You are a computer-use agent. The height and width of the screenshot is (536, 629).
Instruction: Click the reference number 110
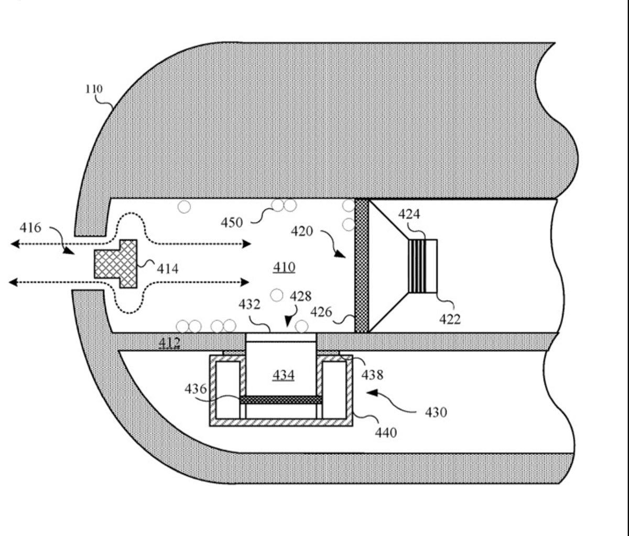pyautogui.click(x=94, y=89)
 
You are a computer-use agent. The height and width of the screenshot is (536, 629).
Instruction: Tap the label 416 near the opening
pyautogui.click(x=30, y=228)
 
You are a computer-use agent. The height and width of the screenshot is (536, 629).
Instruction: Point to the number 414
pyautogui.click(x=168, y=269)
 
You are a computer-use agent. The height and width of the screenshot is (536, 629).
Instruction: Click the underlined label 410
pyautogui.click(x=284, y=267)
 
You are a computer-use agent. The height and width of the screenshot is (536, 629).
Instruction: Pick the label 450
pyautogui.click(x=232, y=223)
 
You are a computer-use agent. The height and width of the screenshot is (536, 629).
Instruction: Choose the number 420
pyautogui.click(x=302, y=231)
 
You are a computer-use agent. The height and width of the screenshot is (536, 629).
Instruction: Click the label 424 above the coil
pyautogui.click(x=409, y=214)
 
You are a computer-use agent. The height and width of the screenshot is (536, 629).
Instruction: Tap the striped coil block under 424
pyautogui.click(x=417, y=266)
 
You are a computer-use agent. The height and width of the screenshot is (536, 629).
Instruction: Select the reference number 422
pyautogui.click(x=449, y=319)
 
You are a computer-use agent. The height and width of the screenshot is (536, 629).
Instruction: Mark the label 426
pyautogui.click(x=321, y=312)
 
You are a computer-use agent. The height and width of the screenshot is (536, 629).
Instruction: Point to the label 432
pyautogui.click(x=250, y=304)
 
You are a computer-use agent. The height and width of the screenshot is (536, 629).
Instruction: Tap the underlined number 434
pyautogui.click(x=283, y=375)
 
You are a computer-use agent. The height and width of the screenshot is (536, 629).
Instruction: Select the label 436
pyautogui.click(x=195, y=389)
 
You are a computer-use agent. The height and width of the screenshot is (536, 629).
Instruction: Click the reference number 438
pyautogui.click(x=372, y=375)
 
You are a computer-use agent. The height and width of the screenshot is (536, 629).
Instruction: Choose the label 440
pyautogui.click(x=386, y=433)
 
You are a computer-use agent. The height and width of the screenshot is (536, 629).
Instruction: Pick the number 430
pyautogui.click(x=436, y=412)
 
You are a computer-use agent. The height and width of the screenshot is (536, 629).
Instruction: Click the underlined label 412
pyautogui.click(x=169, y=343)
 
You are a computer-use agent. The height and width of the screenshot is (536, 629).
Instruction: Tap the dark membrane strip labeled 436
pyautogui.click(x=281, y=400)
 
